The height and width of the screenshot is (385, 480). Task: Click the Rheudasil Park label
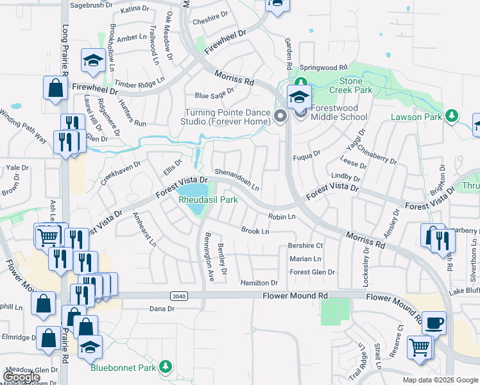pyautogui.click(x=208, y=200)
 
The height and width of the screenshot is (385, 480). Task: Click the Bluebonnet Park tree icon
pyautogui.click(x=166, y=366)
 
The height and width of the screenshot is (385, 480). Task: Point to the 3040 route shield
pyautogui.click(x=180, y=295)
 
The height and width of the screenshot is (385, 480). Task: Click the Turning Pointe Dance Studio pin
pyautogui.click(x=280, y=116)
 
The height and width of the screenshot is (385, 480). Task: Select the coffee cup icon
pyautogui.click(x=434, y=323)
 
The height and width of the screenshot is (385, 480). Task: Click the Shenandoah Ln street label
pyautogui.click(x=237, y=180)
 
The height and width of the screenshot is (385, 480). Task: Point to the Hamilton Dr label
pyautogui.click(x=259, y=283)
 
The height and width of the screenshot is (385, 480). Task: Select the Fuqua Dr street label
pyautogui.click(x=307, y=155)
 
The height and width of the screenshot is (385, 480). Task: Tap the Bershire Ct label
pyautogui.click(x=305, y=246)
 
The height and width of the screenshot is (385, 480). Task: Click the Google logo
pyautogui.click(x=21, y=378)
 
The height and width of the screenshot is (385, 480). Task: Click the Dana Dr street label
pyautogui.click(x=162, y=309)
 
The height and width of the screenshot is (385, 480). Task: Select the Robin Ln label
pyautogui.click(x=282, y=218)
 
